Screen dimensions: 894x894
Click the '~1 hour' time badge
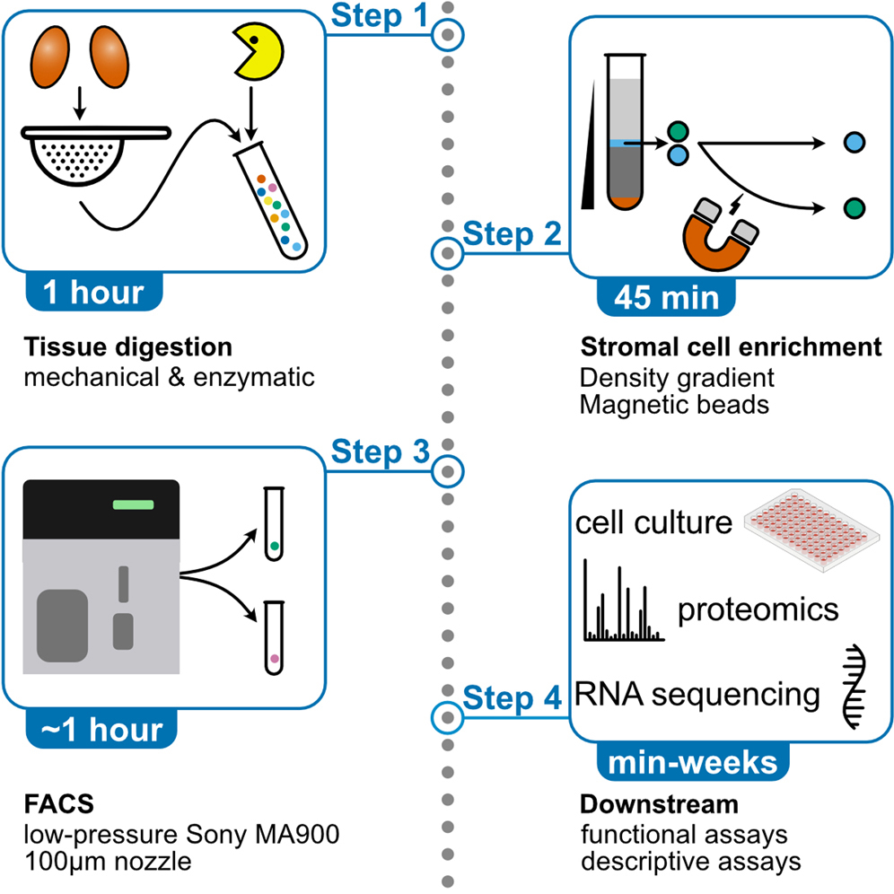[x=100, y=730]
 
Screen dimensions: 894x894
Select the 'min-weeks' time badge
[x=693, y=764]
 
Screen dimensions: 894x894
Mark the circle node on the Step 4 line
[x=446, y=715]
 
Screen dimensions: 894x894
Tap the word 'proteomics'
[x=758, y=610]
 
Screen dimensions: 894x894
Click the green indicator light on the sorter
[x=133, y=504]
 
